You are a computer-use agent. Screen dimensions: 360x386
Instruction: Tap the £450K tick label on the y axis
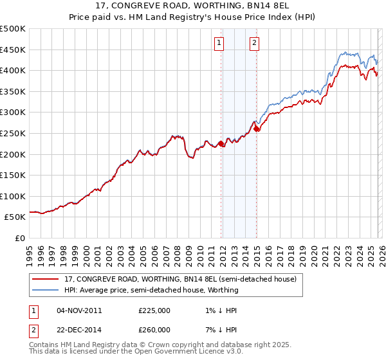coord(13,50)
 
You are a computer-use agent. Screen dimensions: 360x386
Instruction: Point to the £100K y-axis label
coord(13,196)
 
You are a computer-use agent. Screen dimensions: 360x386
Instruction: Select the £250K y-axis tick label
coord(13,133)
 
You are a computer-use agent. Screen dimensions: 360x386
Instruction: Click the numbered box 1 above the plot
coord(219,43)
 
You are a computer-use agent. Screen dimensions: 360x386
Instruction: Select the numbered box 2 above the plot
coord(254,43)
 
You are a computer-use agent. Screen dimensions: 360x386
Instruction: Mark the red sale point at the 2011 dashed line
coord(221,144)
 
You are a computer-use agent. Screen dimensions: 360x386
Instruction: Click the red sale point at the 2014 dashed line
coord(257,129)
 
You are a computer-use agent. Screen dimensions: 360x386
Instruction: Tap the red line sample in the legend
coord(46,280)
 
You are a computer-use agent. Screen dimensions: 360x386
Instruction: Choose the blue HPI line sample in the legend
coord(46,290)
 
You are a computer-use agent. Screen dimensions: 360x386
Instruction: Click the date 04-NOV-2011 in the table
coord(80,310)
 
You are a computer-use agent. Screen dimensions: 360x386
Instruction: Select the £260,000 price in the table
coord(154,329)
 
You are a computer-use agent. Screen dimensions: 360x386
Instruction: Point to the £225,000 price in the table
coord(154,310)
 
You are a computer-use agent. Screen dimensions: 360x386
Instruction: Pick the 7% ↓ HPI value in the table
coord(219,329)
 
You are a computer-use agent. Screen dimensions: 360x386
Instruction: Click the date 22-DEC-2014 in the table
coord(80,329)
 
